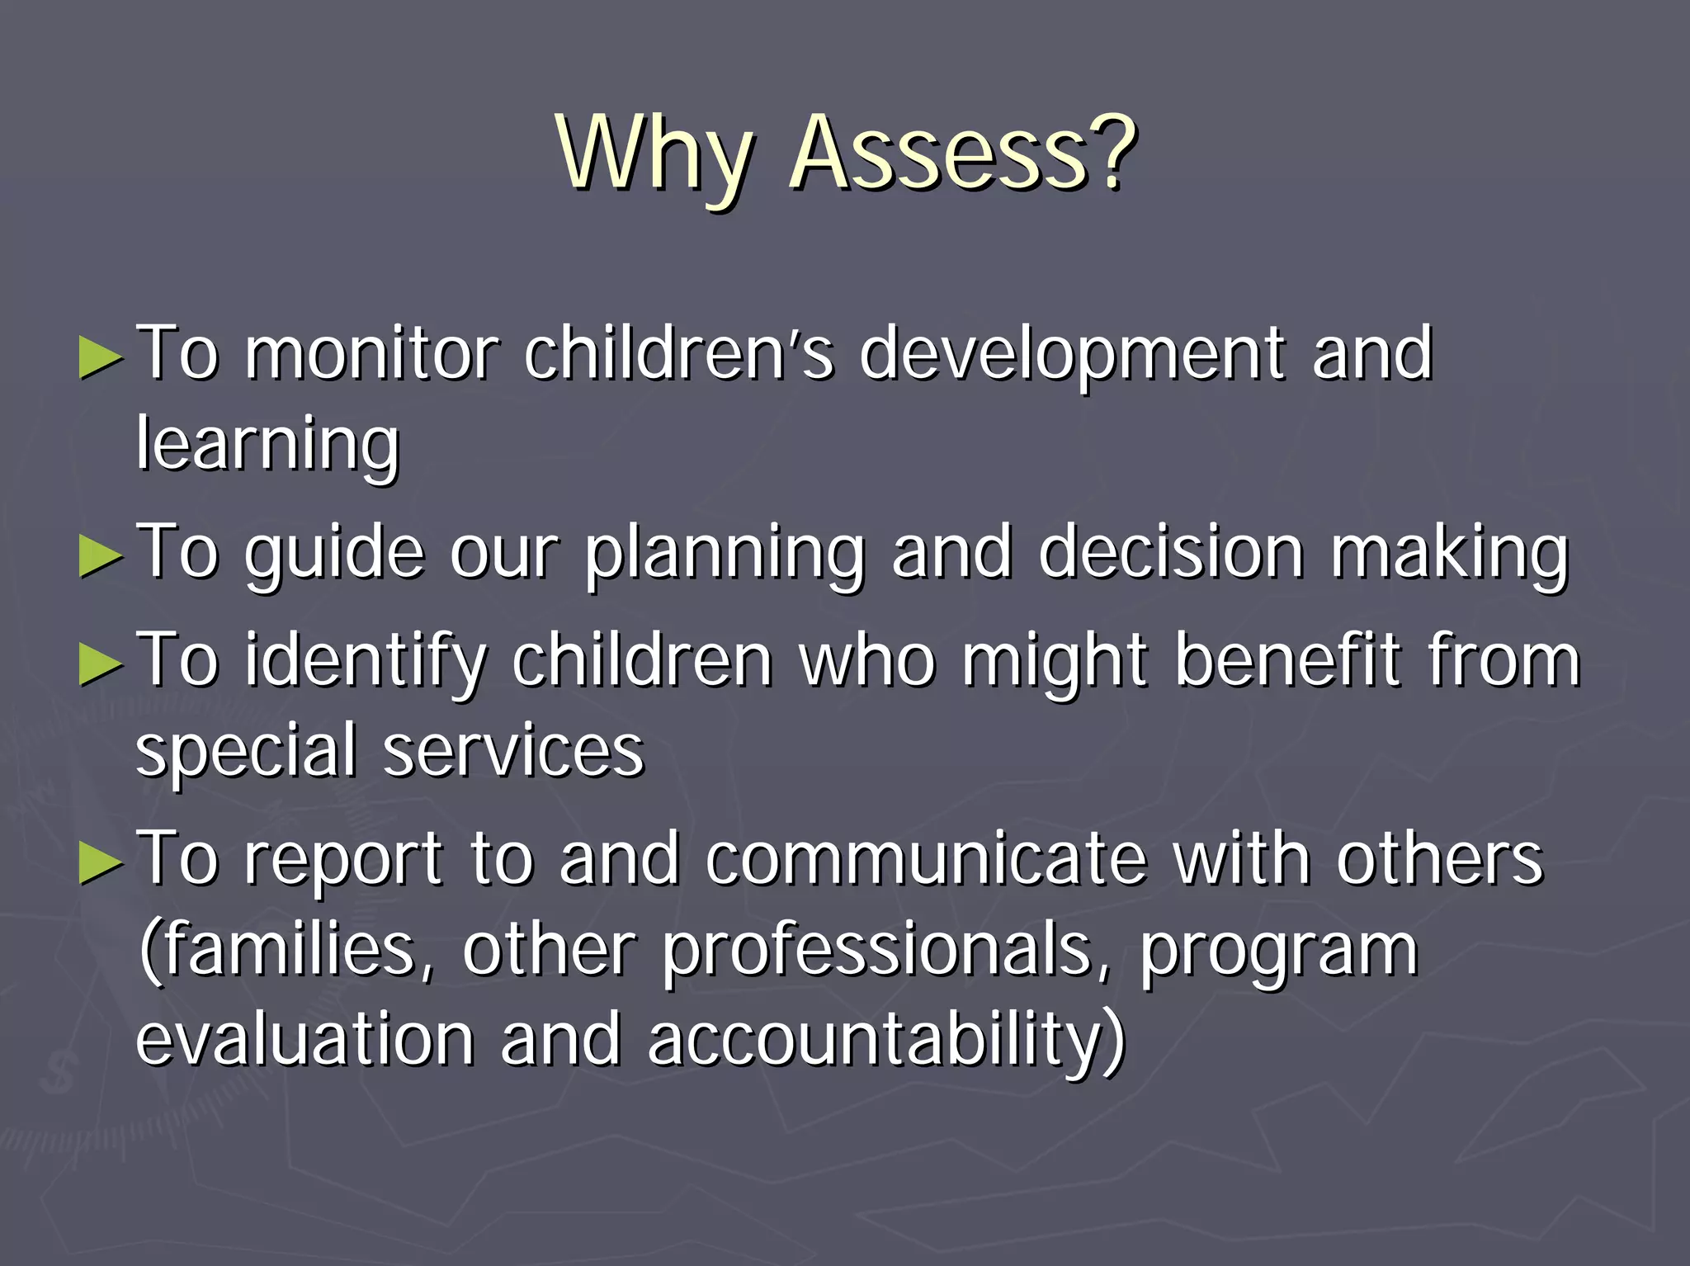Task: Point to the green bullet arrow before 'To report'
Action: (101, 863)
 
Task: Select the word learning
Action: (267, 446)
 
